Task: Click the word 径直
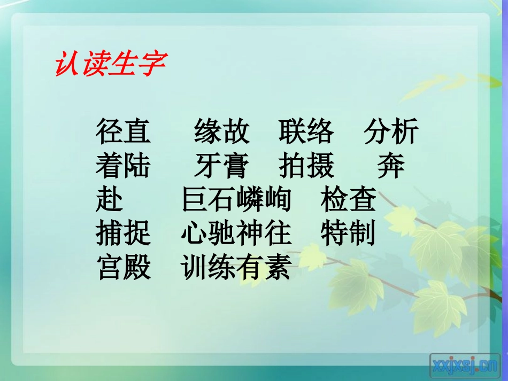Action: tap(124, 132)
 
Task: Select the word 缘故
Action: tap(221, 132)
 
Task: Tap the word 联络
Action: tap(306, 132)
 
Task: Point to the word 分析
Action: tap(391, 132)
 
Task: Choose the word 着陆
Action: tap(124, 166)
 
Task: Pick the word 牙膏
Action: tap(221, 166)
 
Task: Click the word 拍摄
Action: tap(306, 166)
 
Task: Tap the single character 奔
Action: tap(391, 166)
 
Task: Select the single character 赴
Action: tap(110, 200)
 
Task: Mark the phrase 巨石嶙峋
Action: tap(236, 200)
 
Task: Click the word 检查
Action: tap(349, 200)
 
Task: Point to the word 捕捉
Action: tap(124, 234)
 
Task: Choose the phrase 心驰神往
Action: tap(236, 234)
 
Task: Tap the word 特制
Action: tap(349, 234)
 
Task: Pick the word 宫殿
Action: tap(124, 268)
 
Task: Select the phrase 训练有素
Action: tap(236, 268)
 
